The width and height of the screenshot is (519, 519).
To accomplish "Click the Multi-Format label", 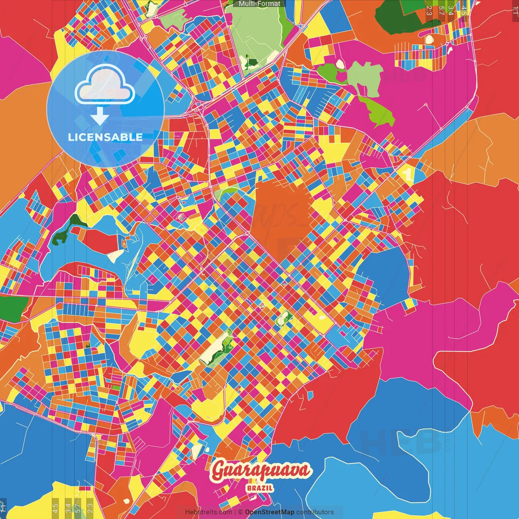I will click(x=259, y=4).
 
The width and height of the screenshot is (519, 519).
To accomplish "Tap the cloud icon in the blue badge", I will click(x=105, y=84).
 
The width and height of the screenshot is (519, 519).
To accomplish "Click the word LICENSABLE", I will click(x=105, y=137).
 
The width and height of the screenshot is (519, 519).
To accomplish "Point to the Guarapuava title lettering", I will click(x=261, y=471).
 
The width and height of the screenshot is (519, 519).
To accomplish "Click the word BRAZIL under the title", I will click(x=259, y=488).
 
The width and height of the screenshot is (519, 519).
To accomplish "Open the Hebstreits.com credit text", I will click(x=208, y=512).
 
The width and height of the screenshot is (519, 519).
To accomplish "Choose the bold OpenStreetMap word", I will click(x=269, y=512).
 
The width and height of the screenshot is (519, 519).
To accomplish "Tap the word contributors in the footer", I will click(x=315, y=512).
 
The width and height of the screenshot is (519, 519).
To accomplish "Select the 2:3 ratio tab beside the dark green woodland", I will click(x=429, y=11).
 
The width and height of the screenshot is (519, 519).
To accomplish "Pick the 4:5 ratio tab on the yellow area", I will click(x=55, y=507).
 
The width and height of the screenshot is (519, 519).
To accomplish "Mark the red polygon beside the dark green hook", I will click(x=99, y=239).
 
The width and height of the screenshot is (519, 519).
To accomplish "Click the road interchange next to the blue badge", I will click(x=198, y=107).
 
